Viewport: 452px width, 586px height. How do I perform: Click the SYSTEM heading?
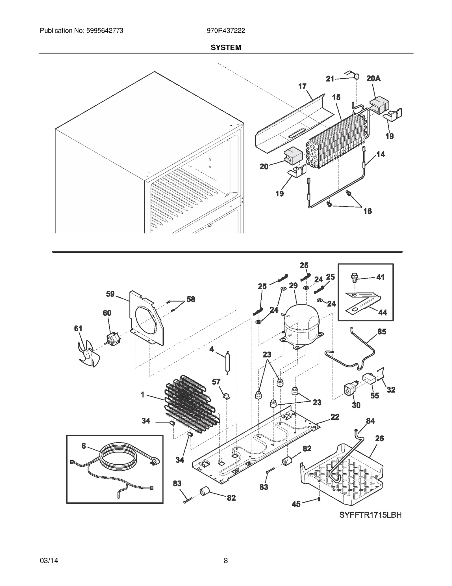[226, 48]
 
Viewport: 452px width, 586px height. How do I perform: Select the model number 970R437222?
[226, 31]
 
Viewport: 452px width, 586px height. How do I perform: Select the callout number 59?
[110, 294]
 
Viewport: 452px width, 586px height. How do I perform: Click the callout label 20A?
[373, 78]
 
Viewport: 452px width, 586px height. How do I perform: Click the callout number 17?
[302, 86]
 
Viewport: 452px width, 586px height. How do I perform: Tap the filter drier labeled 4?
[228, 363]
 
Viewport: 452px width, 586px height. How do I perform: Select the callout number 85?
[382, 332]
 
